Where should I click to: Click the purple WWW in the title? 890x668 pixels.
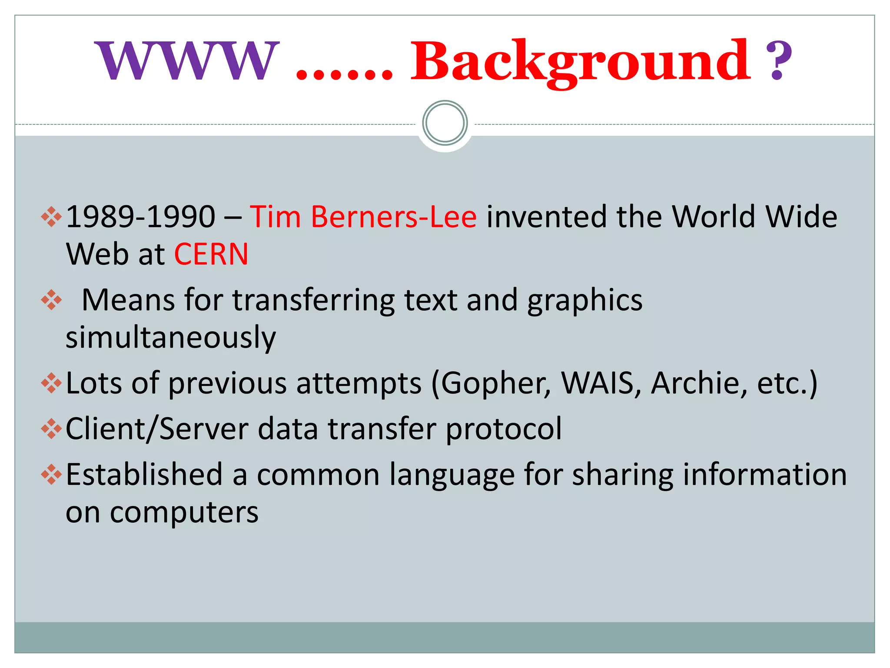pyautogui.click(x=187, y=61)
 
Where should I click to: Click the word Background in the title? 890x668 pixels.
pyautogui.click(x=580, y=61)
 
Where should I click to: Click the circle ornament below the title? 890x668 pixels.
pyautogui.click(x=445, y=123)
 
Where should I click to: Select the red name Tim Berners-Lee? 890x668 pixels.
pyautogui.click(x=363, y=217)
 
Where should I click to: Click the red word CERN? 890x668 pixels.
pyautogui.click(x=211, y=254)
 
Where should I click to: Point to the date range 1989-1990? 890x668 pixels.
pyautogui.click(x=140, y=217)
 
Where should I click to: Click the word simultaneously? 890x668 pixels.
pyautogui.click(x=171, y=337)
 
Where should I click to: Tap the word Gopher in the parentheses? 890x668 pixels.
pyautogui.click(x=495, y=384)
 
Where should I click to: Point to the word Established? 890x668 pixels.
pyautogui.click(x=144, y=474)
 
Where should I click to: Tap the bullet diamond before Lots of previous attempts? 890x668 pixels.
pyautogui.click(x=51, y=383)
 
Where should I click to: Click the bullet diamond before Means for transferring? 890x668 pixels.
pyautogui.click(x=51, y=300)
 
